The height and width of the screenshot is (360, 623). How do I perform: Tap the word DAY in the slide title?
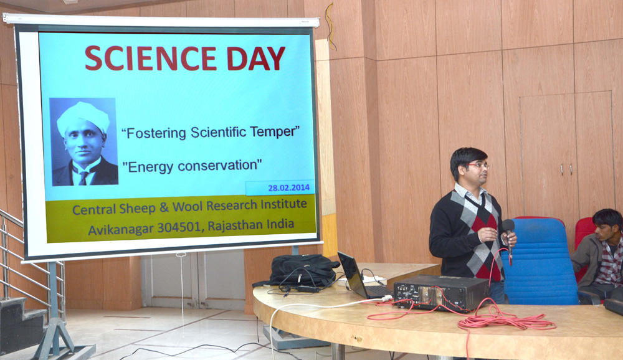coord(256,59)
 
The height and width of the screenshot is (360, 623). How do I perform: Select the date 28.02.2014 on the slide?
coord(289,187)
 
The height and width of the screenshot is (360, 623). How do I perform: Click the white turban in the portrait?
coord(83,117)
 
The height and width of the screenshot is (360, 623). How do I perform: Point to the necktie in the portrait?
coord(83,178)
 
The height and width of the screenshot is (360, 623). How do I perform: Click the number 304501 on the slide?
coord(180,228)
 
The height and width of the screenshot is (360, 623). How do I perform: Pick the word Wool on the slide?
coord(188,207)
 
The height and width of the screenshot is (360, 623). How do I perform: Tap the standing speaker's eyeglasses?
coord(478,165)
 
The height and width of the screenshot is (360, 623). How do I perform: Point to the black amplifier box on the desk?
coord(441,293)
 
